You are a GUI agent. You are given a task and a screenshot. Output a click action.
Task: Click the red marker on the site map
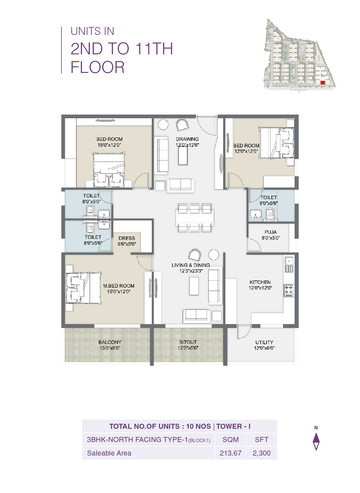point(323,82)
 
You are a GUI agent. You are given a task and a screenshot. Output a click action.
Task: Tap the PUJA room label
point(270,232)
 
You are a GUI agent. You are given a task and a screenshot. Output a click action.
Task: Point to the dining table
point(194,218)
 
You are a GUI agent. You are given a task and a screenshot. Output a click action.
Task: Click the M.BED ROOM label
point(119,286)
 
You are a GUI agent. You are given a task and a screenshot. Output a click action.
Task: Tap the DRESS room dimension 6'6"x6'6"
point(127,244)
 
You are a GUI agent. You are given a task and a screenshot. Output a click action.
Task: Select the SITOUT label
point(188,342)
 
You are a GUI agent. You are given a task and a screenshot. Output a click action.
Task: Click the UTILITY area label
point(264,342)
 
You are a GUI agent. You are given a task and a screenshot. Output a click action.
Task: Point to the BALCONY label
point(110,342)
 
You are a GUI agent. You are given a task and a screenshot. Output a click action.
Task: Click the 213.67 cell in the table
point(230,453)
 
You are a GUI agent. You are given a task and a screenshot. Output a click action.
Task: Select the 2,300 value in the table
point(261,453)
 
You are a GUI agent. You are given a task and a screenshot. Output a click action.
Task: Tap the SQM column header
point(230,440)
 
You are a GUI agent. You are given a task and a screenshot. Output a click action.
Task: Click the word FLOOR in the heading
point(97,67)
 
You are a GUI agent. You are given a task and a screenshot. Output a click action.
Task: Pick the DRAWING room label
point(187,139)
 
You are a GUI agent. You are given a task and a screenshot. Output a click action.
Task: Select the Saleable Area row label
point(109,453)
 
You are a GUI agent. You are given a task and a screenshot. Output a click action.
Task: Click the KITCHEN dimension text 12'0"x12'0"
point(260,288)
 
